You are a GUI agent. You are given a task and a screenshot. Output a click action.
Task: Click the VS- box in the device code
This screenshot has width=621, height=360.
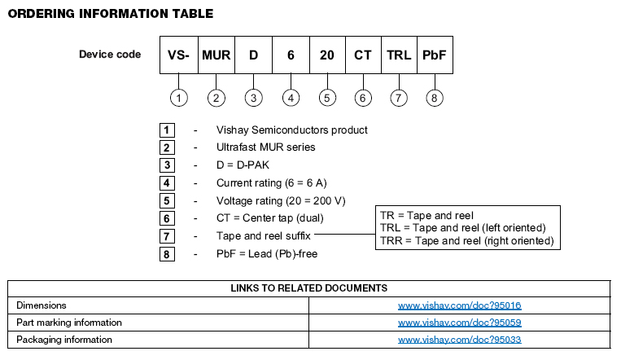coord(178,55)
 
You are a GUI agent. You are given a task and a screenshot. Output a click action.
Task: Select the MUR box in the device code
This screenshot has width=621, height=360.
coord(216,55)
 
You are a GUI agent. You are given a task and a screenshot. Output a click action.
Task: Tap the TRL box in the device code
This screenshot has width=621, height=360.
coord(398,55)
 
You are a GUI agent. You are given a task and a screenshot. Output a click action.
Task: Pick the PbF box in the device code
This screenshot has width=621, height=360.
coord(435,55)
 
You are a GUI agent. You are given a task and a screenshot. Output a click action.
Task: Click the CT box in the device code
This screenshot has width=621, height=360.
coord(363,55)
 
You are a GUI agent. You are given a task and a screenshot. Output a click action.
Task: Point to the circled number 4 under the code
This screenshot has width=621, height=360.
coord(291,98)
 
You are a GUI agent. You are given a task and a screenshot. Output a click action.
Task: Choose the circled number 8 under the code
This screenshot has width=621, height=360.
coord(435,98)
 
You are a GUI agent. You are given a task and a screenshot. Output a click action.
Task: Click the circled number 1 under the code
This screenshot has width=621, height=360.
coord(179,98)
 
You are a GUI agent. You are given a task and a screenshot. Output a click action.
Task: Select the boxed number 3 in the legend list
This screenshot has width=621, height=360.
coord(166,165)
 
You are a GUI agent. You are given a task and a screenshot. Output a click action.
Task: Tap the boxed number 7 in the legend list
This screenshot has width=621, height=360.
coord(166,236)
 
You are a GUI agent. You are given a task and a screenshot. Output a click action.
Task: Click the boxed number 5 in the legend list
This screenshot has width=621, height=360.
coord(166,200)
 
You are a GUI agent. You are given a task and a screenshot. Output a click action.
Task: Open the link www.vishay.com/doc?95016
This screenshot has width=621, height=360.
coord(459,305)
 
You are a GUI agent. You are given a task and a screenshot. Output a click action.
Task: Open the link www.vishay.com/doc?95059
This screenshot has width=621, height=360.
coord(459,323)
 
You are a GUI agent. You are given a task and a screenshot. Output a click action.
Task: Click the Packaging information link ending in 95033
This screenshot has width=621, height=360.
coord(459,340)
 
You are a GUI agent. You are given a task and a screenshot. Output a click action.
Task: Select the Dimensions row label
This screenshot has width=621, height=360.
coord(41,305)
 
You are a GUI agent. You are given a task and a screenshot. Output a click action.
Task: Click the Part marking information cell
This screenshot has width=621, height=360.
coord(69,323)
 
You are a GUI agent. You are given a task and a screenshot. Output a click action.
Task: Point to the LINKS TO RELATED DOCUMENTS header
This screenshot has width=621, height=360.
coord(308,288)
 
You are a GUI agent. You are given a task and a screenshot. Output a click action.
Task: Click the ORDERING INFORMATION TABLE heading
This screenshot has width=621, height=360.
coord(111,14)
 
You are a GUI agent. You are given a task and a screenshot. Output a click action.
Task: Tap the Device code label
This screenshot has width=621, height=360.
coord(110,55)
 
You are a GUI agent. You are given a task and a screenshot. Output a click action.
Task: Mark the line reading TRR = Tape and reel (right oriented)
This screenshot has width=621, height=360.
coord(466,241)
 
